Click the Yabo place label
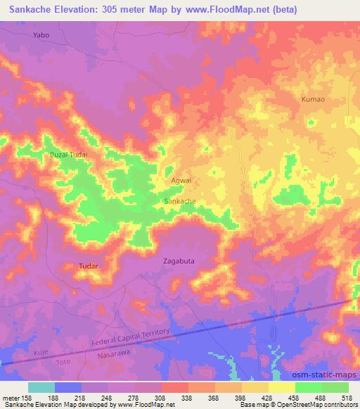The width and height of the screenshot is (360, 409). (x=43, y=34)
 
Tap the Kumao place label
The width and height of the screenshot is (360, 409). (x=313, y=100)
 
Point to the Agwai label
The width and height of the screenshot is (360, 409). (x=181, y=181)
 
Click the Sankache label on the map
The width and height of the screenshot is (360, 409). (x=179, y=201)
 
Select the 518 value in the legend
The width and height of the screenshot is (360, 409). (x=346, y=397)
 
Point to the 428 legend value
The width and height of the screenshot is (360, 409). (x=265, y=397)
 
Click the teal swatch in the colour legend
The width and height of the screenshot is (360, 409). (x=41, y=387)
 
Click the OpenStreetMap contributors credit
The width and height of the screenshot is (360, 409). (x=313, y=405)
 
